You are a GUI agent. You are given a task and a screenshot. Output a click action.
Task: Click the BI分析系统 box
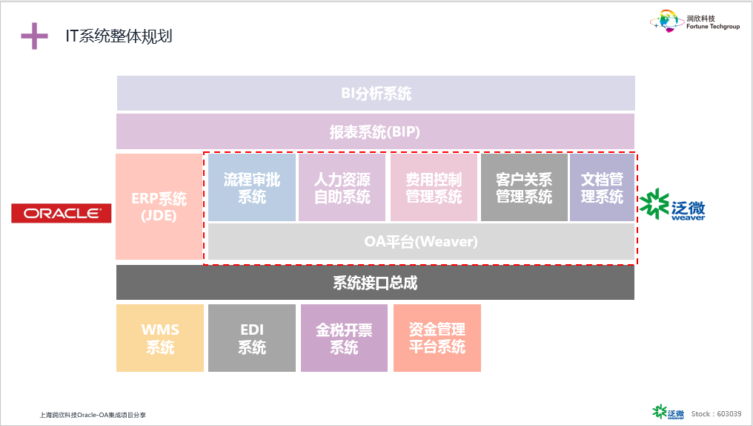pos(376,94)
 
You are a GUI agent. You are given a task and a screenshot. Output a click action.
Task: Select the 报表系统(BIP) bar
pos(375,131)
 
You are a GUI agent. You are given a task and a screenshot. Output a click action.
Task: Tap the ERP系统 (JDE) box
pos(159,207)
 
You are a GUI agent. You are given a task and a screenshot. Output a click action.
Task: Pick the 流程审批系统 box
pos(252,188)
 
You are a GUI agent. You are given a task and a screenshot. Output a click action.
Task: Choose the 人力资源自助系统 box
pos(342,188)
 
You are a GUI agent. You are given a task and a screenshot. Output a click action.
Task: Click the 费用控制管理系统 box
pos(434,188)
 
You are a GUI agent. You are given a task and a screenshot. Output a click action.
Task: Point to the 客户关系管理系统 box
pos(524,188)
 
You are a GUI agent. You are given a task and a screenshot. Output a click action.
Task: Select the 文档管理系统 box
pos(603,188)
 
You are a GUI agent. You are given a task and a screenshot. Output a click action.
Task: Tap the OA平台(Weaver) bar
pos(421,241)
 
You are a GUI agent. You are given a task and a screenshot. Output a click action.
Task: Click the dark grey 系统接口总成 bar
pos(375,282)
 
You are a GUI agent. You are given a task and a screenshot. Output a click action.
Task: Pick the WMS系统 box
pos(160,338)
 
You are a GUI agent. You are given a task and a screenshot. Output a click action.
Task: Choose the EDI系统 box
pos(252,338)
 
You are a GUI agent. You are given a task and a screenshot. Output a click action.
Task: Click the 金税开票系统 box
pos(344,338)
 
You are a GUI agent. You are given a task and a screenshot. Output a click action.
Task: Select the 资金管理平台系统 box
pos(437,338)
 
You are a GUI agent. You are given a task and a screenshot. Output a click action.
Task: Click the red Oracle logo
pos(62,213)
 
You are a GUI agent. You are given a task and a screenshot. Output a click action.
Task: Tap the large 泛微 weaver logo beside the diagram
pos(671,205)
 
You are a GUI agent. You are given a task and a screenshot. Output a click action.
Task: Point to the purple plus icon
pos(35,36)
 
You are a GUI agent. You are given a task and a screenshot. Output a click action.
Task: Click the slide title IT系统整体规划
pos(119,36)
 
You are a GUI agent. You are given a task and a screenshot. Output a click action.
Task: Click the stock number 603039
pos(729,413)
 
